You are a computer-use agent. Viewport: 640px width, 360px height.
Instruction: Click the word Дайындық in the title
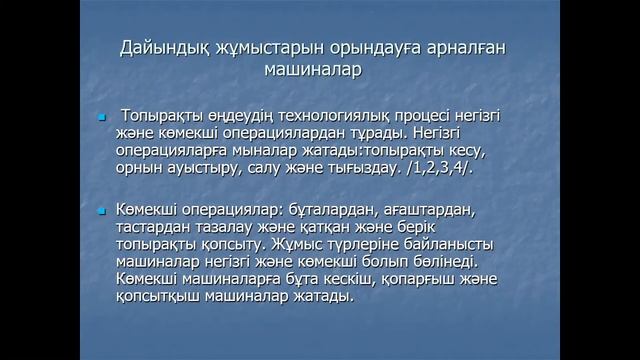pyautogui.click(x=161, y=47)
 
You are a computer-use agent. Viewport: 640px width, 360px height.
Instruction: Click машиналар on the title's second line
pyautogui.click(x=312, y=70)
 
